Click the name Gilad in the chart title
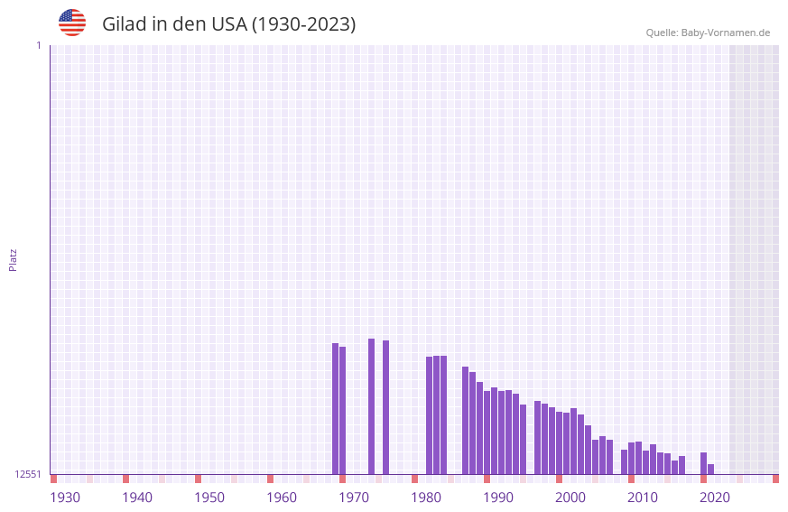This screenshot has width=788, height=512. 124,24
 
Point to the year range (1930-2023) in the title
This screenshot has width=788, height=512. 303,24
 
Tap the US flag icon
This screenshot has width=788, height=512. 72,23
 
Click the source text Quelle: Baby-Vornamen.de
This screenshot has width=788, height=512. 708,33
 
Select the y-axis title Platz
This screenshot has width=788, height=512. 13,259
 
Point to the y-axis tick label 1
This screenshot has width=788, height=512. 38,45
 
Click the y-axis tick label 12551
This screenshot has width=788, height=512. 28,474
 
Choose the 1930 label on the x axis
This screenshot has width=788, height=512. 65,498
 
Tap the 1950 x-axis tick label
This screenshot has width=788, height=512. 209,498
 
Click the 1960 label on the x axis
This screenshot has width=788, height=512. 282,498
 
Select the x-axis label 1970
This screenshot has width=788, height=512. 354,498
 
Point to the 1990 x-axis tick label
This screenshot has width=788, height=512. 498,498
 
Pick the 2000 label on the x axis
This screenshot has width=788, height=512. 570,498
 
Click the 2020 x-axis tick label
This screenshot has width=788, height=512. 715,498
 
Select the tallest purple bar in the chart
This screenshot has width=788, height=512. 371,406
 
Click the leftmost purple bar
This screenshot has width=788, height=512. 335,408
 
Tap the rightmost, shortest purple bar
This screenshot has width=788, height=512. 710,469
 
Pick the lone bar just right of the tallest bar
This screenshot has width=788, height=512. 385,407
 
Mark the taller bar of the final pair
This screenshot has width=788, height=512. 703,463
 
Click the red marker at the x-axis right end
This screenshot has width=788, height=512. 775,479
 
